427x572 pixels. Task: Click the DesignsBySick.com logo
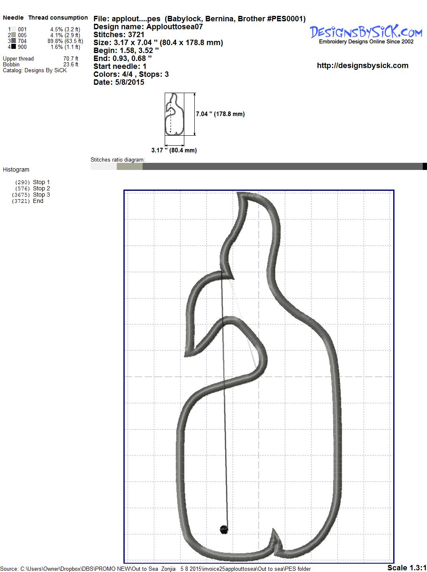[366, 34]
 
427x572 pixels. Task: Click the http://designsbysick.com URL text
[362, 66]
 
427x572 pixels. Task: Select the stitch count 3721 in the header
[136, 35]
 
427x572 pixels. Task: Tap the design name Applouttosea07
[175, 27]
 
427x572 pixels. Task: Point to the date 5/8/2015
[130, 82]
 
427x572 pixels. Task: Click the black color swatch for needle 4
[13, 47]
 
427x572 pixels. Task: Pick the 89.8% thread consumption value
[55, 41]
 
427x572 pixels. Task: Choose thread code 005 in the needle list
[23, 35]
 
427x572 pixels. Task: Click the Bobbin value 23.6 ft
[71, 65]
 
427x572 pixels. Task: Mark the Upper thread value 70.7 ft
[71, 58]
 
